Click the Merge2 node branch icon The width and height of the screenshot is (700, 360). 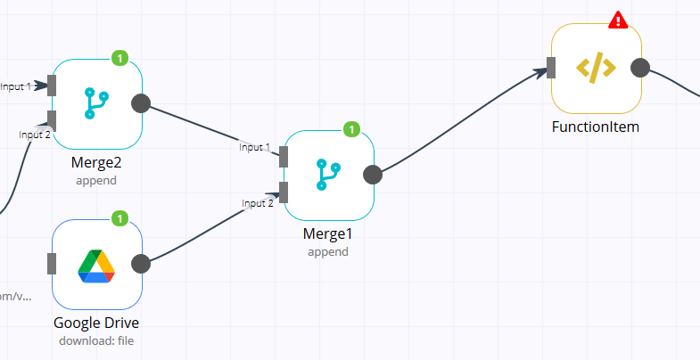(96, 103)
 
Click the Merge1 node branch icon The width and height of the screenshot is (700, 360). (328, 175)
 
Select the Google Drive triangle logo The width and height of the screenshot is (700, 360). (96, 265)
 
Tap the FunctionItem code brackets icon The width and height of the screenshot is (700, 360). (596, 69)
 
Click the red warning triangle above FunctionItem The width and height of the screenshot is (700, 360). (617, 20)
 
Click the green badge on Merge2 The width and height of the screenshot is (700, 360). (120, 59)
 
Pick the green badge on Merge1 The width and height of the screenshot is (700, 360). (352, 130)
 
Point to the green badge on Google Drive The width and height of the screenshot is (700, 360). (120, 218)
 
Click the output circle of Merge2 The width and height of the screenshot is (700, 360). (141, 103)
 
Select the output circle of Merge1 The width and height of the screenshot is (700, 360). (373, 175)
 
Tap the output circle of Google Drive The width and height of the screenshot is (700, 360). (141, 264)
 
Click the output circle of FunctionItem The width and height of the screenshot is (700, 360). (640, 69)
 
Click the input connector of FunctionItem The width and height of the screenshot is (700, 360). (552, 68)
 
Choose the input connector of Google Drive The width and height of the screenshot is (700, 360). (52, 264)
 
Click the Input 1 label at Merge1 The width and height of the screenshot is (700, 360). (254, 147)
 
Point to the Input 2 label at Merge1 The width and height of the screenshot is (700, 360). (258, 203)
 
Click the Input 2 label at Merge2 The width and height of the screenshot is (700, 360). (34, 134)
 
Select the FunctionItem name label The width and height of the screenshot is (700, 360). (596, 127)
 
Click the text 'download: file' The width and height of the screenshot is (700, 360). (96, 340)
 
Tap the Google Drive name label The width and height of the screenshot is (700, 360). (96, 323)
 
